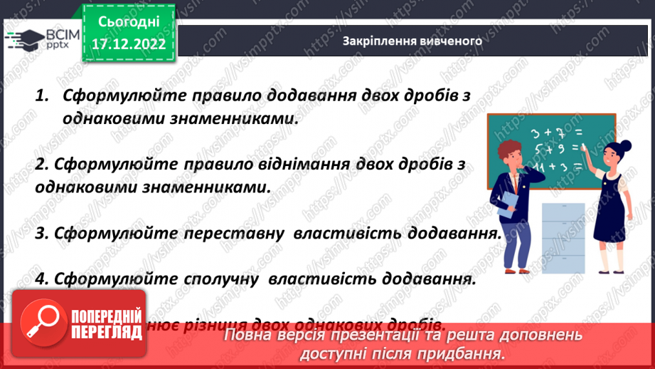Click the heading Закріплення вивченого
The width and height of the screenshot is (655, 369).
412,41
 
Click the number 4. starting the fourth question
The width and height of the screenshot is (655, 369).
42,279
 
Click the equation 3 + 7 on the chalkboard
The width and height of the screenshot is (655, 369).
548,132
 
